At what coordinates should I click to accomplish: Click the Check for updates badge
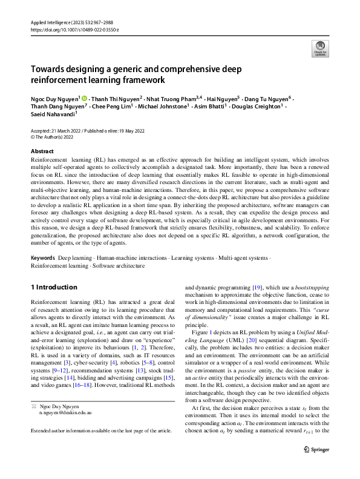pyautogui.click(x=319, y=48)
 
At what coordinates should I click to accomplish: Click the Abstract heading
pyautogui.click(x=42, y=151)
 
